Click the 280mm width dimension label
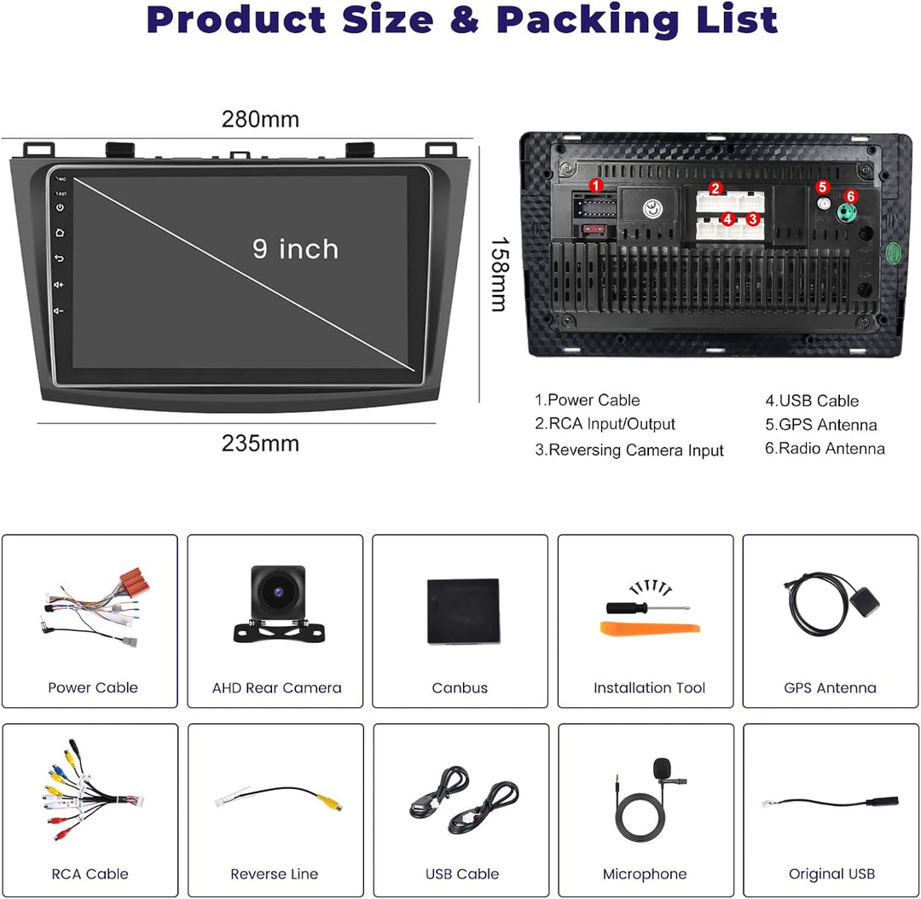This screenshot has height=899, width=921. point(260,119)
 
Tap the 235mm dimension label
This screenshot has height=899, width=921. point(260,444)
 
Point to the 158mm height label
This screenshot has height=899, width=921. point(500,275)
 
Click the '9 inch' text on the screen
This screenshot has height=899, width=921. point(295,249)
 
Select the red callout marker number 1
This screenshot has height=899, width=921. point(595,186)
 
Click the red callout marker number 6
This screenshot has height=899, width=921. point(850,196)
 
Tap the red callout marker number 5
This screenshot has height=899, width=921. point(822,187)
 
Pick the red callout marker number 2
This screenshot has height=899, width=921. point(715,188)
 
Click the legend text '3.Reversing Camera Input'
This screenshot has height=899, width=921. point(629,450)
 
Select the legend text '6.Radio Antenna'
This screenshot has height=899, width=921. point(825,449)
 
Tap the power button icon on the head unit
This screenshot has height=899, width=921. point(60,207)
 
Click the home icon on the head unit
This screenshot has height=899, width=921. point(60,233)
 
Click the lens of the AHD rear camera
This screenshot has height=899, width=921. point(278,592)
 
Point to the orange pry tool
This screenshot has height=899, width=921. point(650,628)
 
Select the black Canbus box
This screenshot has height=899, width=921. point(463,611)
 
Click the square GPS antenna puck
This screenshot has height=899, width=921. point(864,603)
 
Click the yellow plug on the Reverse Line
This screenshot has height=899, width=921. point(329,802)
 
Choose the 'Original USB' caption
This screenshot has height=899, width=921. point(831,873)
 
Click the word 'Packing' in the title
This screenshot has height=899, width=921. point(588,20)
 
